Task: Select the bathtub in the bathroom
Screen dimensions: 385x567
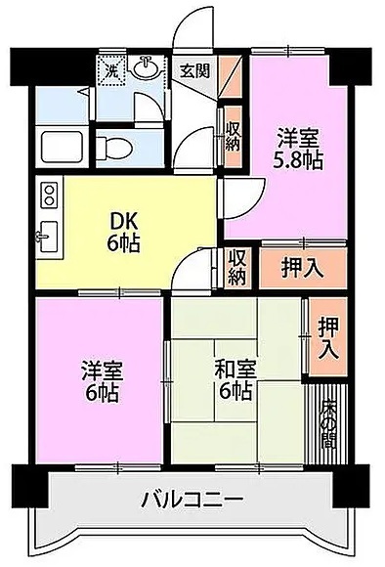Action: click(x=63, y=148)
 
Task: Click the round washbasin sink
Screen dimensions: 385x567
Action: click(x=146, y=66)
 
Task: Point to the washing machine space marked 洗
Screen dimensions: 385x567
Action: click(x=111, y=71)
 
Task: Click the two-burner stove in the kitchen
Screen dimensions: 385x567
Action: click(x=50, y=195)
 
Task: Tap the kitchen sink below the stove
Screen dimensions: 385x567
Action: click(x=48, y=237)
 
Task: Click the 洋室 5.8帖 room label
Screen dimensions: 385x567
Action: click(x=297, y=150)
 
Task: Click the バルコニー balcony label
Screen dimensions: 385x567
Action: click(x=192, y=500)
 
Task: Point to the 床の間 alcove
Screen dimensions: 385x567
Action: click(x=327, y=423)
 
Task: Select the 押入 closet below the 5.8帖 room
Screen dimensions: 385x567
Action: click(x=303, y=268)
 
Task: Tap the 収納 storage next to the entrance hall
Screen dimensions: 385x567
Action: click(x=233, y=137)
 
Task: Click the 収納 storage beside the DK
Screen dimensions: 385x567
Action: click(x=236, y=268)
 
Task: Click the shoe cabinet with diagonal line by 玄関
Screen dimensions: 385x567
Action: click(x=231, y=77)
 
